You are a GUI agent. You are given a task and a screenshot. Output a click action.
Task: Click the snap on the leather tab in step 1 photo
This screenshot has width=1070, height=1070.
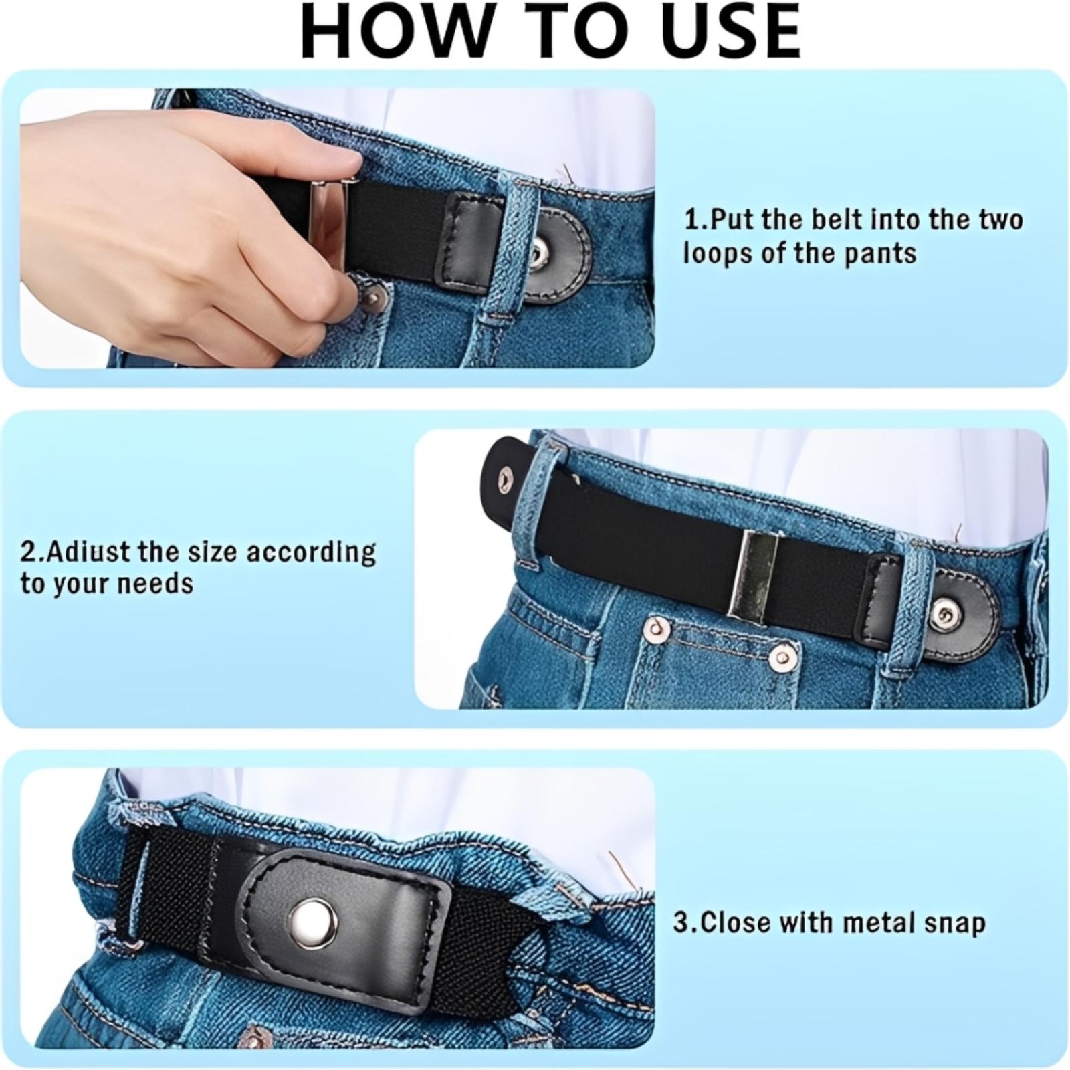[538, 253]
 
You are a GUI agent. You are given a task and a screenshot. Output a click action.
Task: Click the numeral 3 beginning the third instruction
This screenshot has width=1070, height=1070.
[680, 923]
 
